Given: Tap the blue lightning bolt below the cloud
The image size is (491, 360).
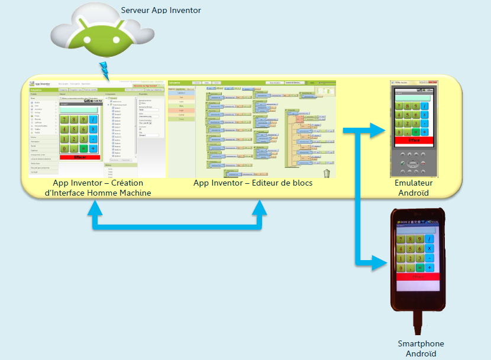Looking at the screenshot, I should click(x=105, y=69).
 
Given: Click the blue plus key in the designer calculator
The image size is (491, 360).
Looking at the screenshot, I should click(x=93, y=148).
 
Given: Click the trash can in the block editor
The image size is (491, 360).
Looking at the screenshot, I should click(x=327, y=173).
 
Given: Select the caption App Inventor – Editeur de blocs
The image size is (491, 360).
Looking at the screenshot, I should click(x=253, y=183).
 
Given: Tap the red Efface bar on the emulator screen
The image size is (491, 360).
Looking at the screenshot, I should click(x=414, y=140).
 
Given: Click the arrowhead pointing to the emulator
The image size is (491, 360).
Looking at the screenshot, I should click(x=379, y=130).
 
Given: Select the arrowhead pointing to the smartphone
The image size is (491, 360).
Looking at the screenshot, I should click(x=379, y=262).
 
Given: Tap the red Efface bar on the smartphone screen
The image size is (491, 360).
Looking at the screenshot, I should click(x=418, y=276).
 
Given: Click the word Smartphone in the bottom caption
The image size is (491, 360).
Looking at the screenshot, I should click(x=421, y=343).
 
